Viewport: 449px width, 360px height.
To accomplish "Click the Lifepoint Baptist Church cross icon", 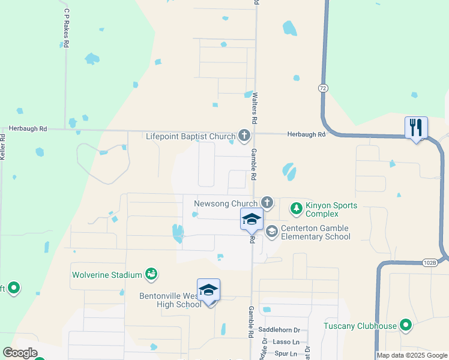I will click(244, 136).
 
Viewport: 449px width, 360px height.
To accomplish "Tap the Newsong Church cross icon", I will click(267, 203).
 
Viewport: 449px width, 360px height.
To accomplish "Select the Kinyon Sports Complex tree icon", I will click(296, 209).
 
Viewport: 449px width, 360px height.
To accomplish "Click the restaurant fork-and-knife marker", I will click(416, 128).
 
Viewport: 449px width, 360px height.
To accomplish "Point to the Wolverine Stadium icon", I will click(151, 275).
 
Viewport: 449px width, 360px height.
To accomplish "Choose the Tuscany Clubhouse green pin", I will click(406, 326).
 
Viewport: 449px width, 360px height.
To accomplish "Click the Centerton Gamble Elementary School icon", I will click(272, 232).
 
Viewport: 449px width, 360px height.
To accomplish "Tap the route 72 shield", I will click(324, 88).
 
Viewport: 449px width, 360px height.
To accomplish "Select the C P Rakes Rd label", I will click(66, 28).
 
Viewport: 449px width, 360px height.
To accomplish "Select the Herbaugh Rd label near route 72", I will click(306, 134).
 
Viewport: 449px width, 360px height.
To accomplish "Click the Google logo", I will click(20, 353).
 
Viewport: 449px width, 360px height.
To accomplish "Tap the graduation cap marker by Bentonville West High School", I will click(208, 290).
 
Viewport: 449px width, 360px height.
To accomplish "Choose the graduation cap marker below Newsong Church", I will click(252, 220).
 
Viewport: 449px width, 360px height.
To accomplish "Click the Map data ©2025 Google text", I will click(412, 355).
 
